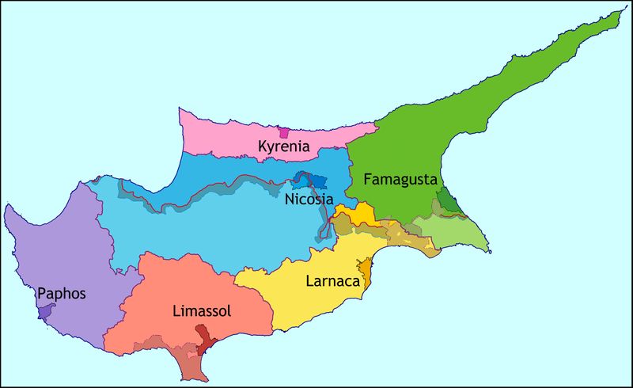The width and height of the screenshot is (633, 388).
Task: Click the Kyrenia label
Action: point(283,147)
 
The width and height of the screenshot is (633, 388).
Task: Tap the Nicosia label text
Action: point(309,200)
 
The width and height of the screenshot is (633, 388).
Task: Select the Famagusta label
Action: point(400,180)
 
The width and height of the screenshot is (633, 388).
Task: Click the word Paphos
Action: point(61,294)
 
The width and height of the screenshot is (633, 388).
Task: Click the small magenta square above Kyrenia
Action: point(284,132)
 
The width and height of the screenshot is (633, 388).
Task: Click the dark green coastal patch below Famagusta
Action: point(448,202)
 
